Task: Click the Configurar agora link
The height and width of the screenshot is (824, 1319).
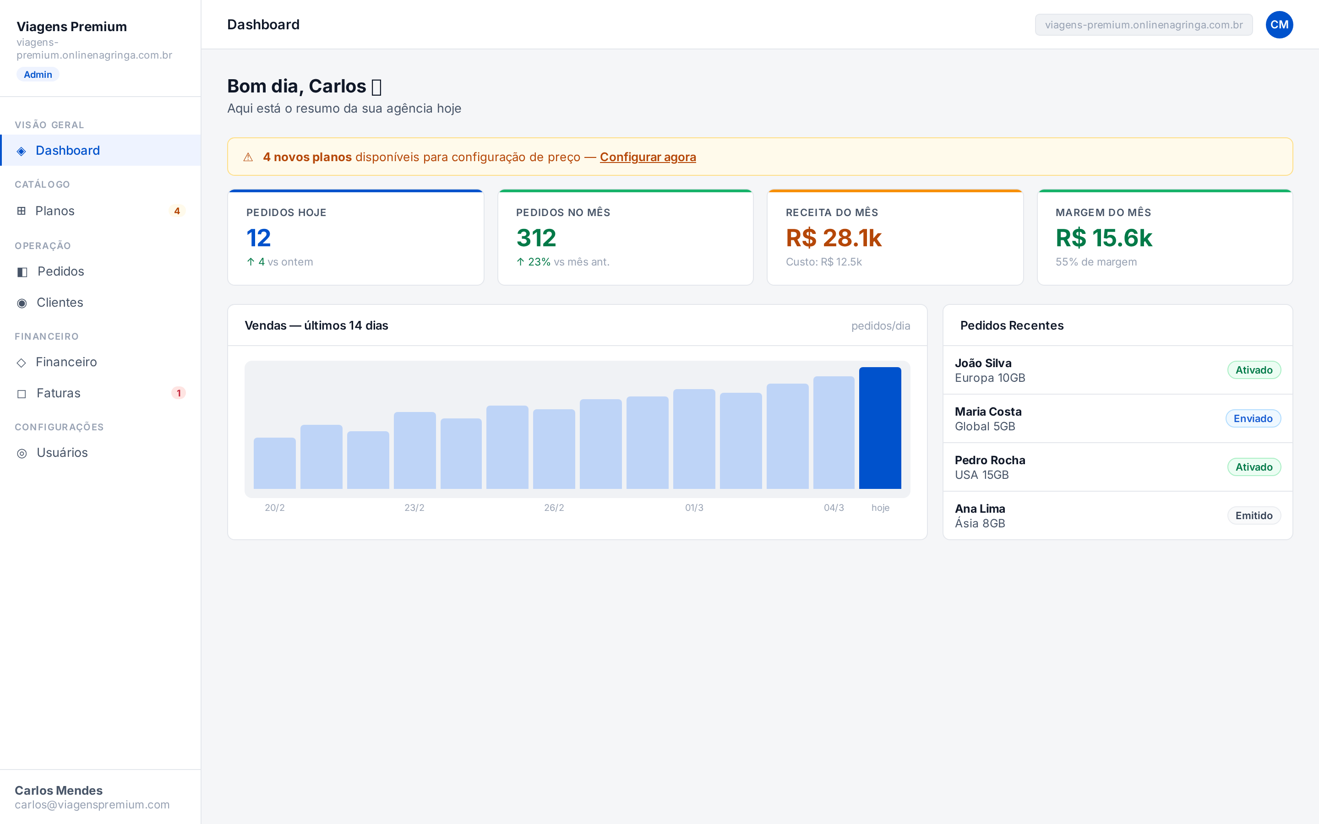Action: [x=648, y=157]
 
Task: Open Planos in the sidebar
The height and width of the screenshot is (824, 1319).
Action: [x=55, y=211]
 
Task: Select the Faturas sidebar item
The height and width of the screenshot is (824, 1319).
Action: [x=58, y=393]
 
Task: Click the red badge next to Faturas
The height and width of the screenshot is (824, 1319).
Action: [x=178, y=393]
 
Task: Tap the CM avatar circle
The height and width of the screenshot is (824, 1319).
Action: [x=1279, y=25]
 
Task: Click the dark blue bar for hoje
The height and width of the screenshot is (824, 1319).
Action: [x=880, y=428]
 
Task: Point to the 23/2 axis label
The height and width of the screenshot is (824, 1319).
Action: [x=414, y=507]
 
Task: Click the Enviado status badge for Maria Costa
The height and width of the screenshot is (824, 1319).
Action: [x=1253, y=418]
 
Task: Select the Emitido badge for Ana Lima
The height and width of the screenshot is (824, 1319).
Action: [x=1254, y=515]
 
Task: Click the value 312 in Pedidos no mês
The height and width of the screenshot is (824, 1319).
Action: [x=536, y=238]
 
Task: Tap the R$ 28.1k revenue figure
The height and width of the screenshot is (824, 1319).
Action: [x=834, y=238]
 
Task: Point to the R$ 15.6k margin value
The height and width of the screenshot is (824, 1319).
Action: [x=1104, y=238]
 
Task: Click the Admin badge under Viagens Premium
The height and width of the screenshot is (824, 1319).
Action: [x=38, y=75]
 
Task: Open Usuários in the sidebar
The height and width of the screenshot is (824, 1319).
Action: [x=61, y=452]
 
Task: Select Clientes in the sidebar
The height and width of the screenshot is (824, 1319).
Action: [x=60, y=303]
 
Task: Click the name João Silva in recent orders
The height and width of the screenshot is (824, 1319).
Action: [x=983, y=363]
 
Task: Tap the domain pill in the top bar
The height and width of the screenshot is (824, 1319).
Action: [x=1144, y=25]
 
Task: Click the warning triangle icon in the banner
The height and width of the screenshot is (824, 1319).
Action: [x=248, y=157]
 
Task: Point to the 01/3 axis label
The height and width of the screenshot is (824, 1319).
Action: [x=694, y=507]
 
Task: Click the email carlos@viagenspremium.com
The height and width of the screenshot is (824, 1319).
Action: [x=92, y=804]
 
